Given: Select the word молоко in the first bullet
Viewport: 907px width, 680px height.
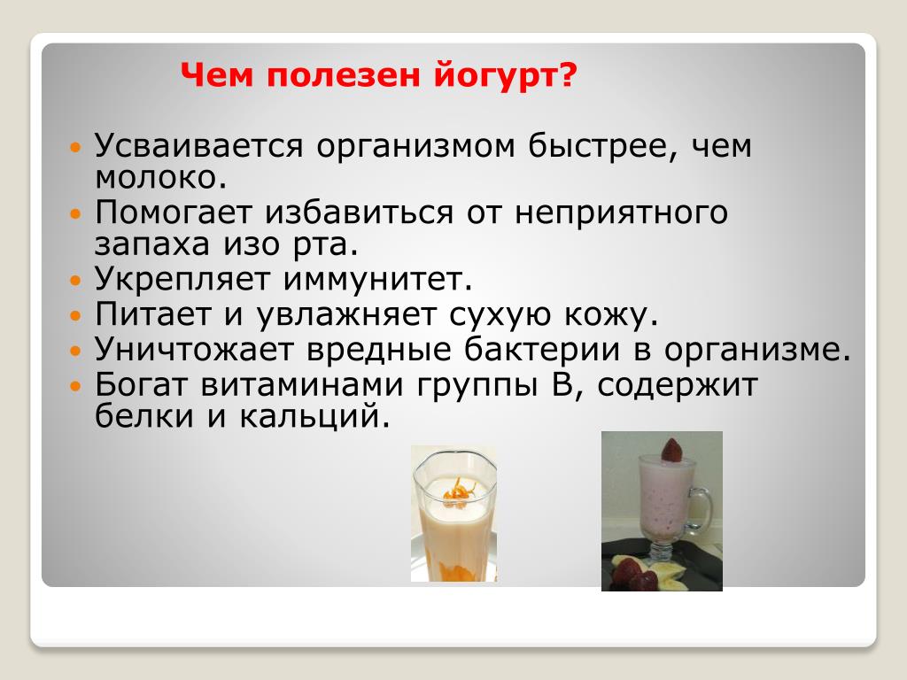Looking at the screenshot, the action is [x=156, y=177].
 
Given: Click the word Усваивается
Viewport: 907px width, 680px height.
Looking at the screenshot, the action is [x=198, y=145].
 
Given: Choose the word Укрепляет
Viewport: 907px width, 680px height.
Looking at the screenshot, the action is [x=182, y=279].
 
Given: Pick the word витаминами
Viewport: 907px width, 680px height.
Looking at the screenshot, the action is [x=301, y=385].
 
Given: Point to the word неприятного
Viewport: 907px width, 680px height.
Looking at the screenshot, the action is [x=621, y=212].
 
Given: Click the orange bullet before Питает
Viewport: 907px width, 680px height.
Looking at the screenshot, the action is [x=76, y=316].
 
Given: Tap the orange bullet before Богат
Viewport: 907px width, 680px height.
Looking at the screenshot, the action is [x=76, y=386].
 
